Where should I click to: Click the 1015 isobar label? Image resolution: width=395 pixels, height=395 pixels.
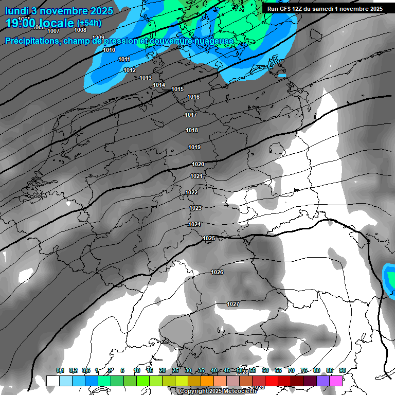click(x=177, y=89)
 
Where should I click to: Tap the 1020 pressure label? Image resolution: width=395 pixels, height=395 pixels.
click(x=198, y=164)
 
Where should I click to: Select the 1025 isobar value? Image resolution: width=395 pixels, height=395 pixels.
click(x=209, y=238)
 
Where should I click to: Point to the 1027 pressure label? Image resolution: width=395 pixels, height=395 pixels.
click(x=233, y=304)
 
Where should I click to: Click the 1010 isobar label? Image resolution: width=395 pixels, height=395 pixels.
click(x=109, y=50)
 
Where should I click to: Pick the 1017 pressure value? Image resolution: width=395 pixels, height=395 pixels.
click(x=191, y=115)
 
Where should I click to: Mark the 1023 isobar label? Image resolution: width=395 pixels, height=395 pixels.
click(x=195, y=208)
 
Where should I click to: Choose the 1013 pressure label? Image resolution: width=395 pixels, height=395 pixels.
click(x=146, y=78)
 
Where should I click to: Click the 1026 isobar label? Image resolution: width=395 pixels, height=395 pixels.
click(x=217, y=272)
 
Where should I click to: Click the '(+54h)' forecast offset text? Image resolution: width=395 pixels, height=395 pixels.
click(x=88, y=23)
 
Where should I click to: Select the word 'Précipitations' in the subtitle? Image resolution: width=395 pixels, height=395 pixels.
click(x=31, y=41)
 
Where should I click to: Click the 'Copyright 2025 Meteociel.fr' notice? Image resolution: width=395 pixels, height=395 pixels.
click(x=218, y=391)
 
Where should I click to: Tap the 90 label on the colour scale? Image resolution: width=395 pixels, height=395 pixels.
click(x=342, y=370)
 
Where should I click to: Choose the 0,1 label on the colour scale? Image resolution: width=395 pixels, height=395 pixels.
click(x=60, y=370)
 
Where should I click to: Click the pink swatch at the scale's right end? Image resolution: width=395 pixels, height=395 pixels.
click(x=336, y=381)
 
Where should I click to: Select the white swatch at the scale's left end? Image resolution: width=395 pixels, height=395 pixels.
click(x=52, y=381)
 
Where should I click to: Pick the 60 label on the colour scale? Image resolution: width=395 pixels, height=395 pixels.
click(x=265, y=370)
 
